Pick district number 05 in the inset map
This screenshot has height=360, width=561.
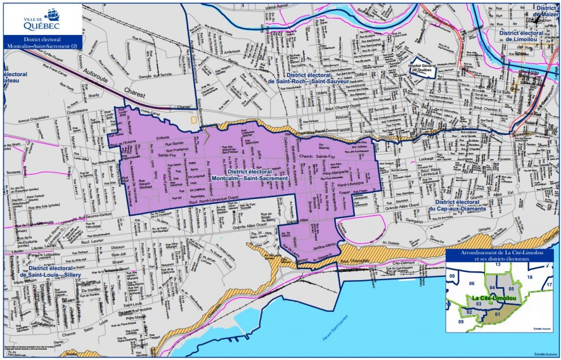pyautogui.click(x=511, y=289)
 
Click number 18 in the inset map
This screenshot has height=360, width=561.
pyautogui.click(x=529, y=278)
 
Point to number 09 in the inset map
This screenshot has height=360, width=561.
pyautogui.click(x=461, y=322)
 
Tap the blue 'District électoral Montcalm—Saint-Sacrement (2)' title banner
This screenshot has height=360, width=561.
pyautogui.click(x=42, y=43)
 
